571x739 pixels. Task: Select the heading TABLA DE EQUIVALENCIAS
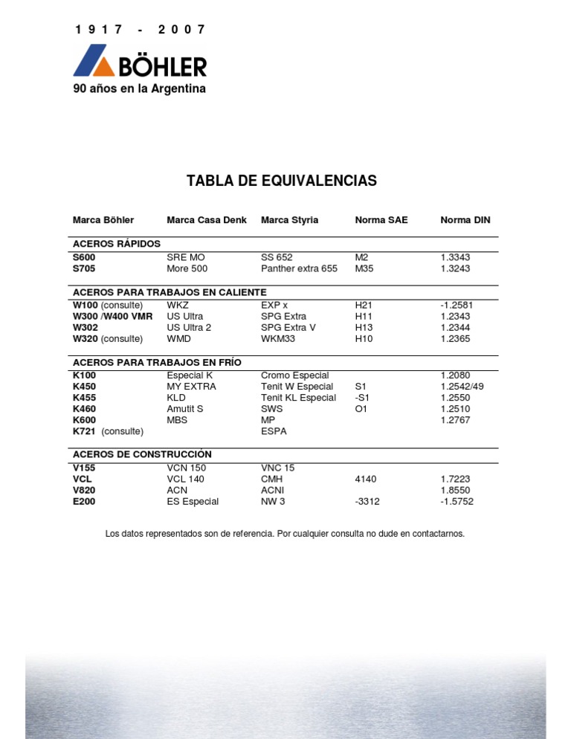(282, 181)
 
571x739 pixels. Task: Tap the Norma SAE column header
(381, 220)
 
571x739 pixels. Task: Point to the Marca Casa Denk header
(207, 220)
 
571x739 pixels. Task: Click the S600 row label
(84, 257)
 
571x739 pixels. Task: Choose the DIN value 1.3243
(455, 268)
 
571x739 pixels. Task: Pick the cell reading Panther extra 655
(299, 268)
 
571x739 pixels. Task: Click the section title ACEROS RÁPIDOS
(116, 244)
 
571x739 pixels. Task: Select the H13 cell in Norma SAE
(364, 327)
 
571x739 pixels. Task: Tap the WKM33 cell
(279, 338)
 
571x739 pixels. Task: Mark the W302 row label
(85, 327)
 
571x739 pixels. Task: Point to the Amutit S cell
(185, 409)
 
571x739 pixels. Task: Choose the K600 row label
(84, 420)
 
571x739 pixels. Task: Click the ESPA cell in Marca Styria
(274, 431)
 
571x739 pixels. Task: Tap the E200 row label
(84, 502)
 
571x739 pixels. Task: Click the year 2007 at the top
(181, 30)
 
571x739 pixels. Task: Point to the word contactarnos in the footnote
(436, 534)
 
